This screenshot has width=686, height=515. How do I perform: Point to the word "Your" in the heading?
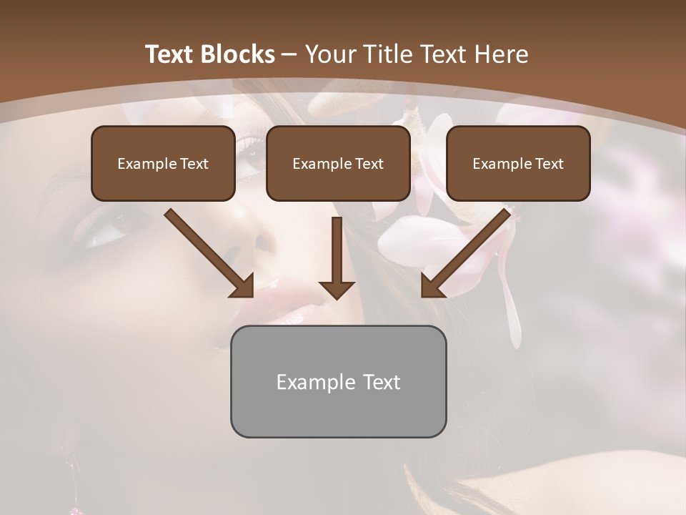tap(330, 54)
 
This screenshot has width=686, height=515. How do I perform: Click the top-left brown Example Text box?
tap(163, 163)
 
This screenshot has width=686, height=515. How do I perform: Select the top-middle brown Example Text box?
tap(338, 163)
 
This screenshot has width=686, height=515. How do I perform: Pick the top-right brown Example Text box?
tap(518, 163)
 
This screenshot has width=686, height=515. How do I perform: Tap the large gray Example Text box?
tap(338, 381)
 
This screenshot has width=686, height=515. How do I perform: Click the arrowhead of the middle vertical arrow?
tap(337, 288)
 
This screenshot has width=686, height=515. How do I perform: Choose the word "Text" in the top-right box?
tap(550, 163)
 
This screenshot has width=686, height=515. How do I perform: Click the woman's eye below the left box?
tap(107, 236)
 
